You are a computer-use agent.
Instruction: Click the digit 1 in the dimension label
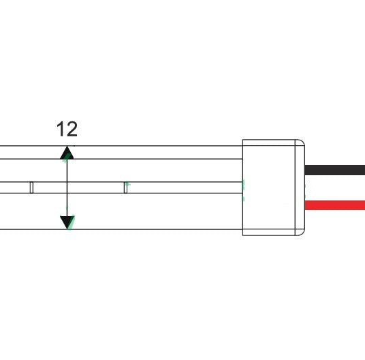coord(61,129)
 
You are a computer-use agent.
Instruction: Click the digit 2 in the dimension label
coord(71,129)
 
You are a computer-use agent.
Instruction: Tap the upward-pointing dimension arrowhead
coord(67,152)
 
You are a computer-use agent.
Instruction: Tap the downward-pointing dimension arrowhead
coord(67,222)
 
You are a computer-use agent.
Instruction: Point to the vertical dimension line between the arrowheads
coord(67,187)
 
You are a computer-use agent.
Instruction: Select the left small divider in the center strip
coord(31,187)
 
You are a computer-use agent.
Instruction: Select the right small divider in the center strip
coord(125,187)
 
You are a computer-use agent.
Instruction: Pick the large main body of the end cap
coord(269,187)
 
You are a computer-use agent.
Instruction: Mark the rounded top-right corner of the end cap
coord(301,143)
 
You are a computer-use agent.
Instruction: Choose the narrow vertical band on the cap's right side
coord(300,187)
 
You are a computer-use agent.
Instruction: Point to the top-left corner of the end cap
coord(244,140)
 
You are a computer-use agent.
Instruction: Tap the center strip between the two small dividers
coord(78,187)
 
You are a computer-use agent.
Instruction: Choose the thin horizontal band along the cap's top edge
coord(269,142)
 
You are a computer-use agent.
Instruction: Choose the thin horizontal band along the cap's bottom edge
coord(269,232)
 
